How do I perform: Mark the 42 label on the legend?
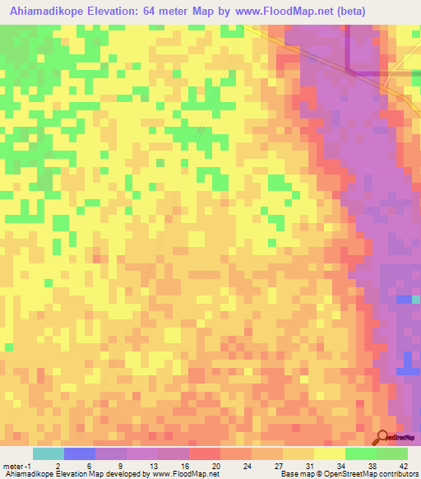[x=404, y=466]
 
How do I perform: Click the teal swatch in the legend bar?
[x=49, y=453]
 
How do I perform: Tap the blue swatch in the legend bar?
[x=80, y=453]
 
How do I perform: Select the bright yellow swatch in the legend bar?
[x=330, y=453]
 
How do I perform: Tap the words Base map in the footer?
[x=295, y=474]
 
